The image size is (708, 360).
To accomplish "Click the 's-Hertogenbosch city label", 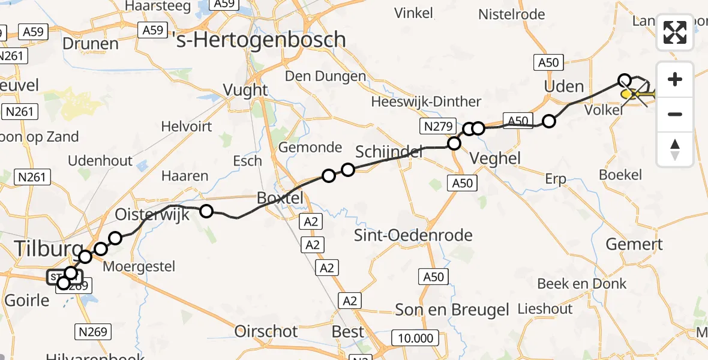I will (x=258, y=40).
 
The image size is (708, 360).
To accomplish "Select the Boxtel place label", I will (x=280, y=197).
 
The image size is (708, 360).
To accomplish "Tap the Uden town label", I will (x=563, y=86).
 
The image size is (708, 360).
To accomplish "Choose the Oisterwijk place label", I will (x=152, y=214).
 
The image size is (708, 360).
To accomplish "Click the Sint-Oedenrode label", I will (x=413, y=235).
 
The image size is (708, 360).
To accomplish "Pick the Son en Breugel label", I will (x=452, y=310).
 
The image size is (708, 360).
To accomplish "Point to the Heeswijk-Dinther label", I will (x=426, y=101).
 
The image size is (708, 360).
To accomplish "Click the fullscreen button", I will (x=675, y=32).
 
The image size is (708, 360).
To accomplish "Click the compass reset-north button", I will (x=675, y=149).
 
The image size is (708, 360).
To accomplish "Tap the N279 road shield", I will (x=433, y=125).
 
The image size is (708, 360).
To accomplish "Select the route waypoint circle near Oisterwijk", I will (x=206, y=211).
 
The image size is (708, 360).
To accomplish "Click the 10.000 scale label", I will (x=415, y=338).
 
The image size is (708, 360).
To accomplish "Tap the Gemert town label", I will (x=634, y=244).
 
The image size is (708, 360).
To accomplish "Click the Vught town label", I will (x=245, y=89).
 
